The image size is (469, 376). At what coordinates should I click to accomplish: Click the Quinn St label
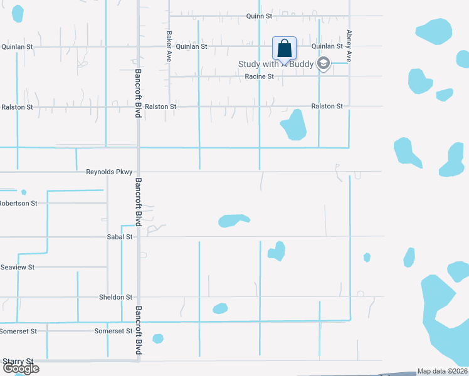click(x=259, y=16)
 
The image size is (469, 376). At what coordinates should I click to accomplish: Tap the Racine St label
click(x=260, y=76)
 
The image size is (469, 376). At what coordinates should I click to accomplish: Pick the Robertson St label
click(x=19, y=203)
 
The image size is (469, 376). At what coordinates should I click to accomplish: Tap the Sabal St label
click(x=120, y=237)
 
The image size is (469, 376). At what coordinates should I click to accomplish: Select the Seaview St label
click(x=18, y=267)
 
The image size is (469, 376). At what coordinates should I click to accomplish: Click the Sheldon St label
click(x=116, y=297)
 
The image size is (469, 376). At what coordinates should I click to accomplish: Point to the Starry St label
click(x=18, y=361)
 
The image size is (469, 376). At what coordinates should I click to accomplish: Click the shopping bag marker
click(x=284, y=48)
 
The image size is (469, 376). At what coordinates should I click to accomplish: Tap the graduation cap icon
click(x=323, y=63)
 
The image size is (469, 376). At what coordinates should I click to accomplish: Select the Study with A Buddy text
click(x=275, y=64)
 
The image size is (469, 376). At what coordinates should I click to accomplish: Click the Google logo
click(x=20, y=368)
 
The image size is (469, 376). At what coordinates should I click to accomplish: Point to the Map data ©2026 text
click(x=442, y=372)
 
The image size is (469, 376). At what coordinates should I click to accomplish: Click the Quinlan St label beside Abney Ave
click(x=327, y=46)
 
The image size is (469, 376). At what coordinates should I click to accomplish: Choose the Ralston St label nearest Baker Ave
click(x=161, y=107)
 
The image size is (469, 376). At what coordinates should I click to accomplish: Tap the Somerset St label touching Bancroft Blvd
click(x=113, y=330)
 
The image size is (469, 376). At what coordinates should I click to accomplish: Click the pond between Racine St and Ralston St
click(x=293, y=125)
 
